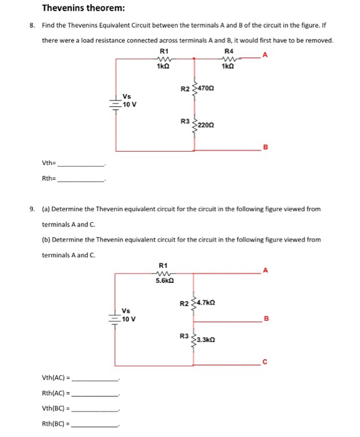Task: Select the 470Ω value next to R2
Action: point(211,89)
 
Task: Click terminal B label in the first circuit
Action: point(264,147)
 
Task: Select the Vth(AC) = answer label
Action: point(57,378)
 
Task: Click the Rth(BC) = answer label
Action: point(57,423)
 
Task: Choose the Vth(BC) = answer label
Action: point(57,408)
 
